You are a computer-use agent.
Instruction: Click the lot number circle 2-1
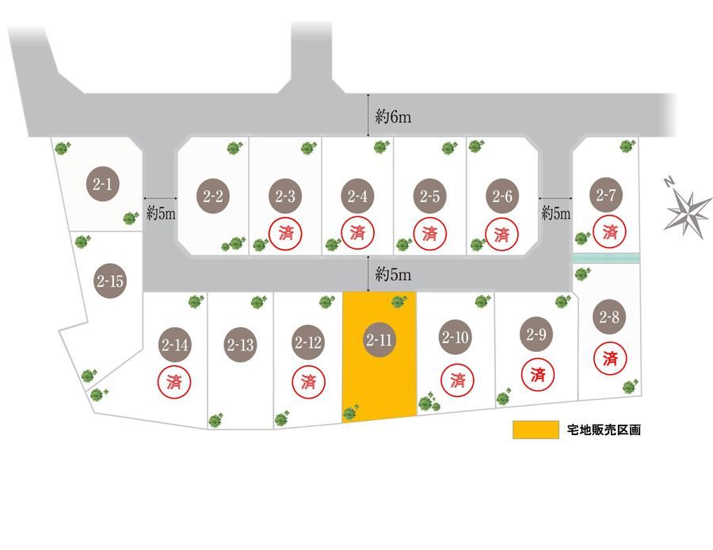coord(103,185)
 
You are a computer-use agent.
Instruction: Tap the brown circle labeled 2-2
coord(213,196)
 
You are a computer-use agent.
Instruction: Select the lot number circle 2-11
coord(380,340)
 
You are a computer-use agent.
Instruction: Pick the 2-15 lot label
coord(110,281)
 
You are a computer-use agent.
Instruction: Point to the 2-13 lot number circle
coord(240,345)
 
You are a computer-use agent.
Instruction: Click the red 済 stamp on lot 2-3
coord(285,233)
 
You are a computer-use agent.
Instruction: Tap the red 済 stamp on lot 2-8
coord(610,357)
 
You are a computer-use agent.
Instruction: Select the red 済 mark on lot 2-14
coord(174,381)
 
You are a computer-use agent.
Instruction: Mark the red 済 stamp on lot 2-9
coord(537,372)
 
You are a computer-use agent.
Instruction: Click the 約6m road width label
coord(393,117)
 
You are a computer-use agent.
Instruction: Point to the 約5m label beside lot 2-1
coord(161,212)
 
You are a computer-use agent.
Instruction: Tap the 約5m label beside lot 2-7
coord(555,212)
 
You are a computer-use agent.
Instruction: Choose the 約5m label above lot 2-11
coord(393,274)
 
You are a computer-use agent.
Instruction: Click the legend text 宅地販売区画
coord(604,430)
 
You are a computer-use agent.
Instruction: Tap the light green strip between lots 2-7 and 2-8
coord(605,258)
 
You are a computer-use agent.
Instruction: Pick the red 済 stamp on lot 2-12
coord(308,381)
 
